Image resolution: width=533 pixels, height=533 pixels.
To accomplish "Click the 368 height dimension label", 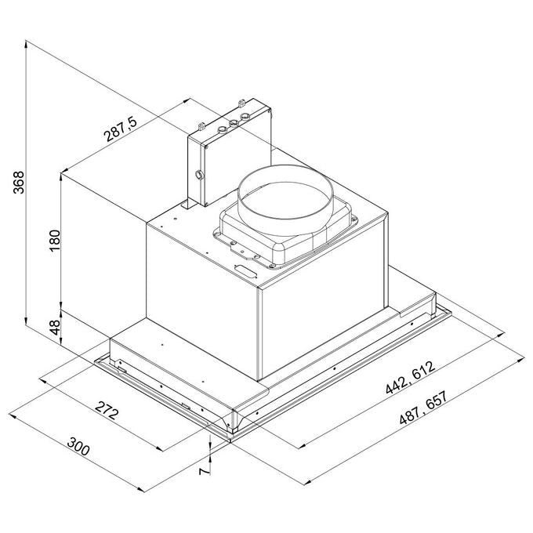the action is pyautogui.click(x=19, y=182).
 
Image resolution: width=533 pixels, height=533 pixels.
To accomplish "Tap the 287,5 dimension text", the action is pyautogui.click(x=121, y=129).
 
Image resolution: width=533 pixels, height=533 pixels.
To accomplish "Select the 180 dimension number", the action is pyautogui.click(x=54, y=241).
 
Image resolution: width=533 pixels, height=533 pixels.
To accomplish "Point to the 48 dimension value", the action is pyautogui.click(x=55, y=327).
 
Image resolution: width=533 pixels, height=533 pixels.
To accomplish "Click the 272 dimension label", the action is pyautogui.click(x=107, y=410).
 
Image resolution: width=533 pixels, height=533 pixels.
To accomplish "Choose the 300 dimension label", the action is pyautogui.click(x=78, y=446).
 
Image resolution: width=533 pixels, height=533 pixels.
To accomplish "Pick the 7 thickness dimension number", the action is pyautogui.click(x=205, y=471).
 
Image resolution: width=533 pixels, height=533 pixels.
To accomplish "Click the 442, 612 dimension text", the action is pyautogui.click(x=410, y=377).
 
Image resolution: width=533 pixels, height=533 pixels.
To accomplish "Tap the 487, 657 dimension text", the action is pyautogui.click(x=424, y=408).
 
